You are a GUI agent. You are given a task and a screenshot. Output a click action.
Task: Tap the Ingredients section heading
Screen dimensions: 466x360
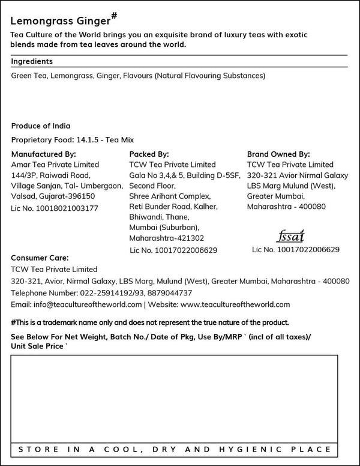32,61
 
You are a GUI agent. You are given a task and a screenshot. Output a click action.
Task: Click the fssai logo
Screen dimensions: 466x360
292,235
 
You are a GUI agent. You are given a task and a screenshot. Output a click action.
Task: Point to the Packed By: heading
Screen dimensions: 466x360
149,154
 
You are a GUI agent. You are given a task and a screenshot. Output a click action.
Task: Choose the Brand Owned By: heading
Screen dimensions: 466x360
278,154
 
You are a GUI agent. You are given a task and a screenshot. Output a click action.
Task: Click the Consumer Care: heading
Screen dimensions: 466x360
40,258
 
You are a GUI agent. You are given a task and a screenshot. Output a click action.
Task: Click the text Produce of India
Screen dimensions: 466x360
41,126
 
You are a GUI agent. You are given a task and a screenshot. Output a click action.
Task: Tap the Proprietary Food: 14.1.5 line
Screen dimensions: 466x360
73,140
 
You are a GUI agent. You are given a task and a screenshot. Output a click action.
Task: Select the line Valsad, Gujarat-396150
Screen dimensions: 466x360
53,196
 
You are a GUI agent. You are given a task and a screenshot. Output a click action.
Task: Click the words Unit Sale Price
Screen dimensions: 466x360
38,346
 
